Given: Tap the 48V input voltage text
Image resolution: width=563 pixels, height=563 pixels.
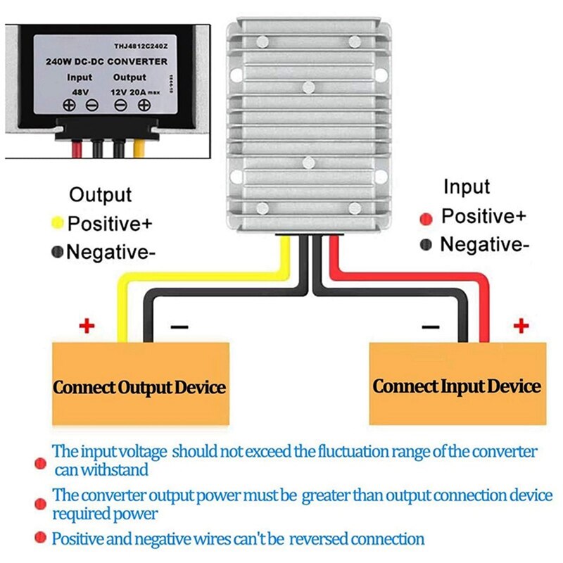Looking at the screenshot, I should click(x=80, y=90).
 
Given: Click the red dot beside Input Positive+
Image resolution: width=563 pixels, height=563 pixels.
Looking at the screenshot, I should click(x=426, y=218).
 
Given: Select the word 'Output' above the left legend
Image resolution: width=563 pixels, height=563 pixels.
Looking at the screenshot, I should click(x=101, y=195).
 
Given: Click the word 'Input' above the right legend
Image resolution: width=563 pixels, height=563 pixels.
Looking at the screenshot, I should click(x=466, y=187).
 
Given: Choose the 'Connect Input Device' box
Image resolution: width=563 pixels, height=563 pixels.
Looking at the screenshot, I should click(x=457, y=386).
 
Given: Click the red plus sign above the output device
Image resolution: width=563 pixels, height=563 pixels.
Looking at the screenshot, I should click(x=86, y=326).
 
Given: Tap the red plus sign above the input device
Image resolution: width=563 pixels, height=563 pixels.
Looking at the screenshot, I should click(x=521, y=325).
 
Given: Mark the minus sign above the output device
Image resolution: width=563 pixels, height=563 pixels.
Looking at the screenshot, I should click(x=179, y=327).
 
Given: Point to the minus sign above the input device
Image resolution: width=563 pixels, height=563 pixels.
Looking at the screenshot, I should click(x=430, y=327).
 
